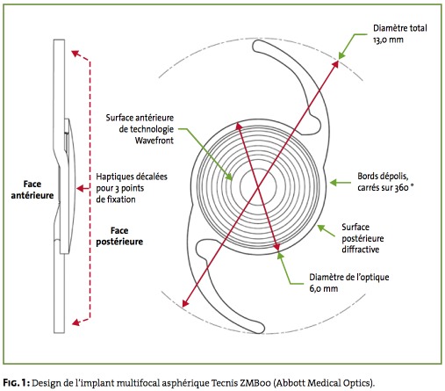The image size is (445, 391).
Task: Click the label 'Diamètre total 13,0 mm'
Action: (x=400, y=33)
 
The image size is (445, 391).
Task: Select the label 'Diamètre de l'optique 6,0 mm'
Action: (x=349, y=283)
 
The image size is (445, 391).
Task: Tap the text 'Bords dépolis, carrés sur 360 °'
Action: (x=385, y=182)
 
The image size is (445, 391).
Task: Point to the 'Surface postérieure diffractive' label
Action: (x=362, y=238)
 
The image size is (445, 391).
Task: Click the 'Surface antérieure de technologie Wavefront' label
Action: (x=140, y=129)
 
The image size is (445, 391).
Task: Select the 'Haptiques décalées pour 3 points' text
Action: (x=132, y=182)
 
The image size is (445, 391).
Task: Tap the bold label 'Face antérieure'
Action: (x=32, y=190)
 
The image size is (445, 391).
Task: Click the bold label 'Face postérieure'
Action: (x=119, y=235)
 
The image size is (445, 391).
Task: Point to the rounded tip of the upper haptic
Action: (x=256, y=47)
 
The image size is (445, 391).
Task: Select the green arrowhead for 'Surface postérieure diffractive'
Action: (x=321, y=228)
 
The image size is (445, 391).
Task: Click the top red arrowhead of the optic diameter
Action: (x=239, y=127)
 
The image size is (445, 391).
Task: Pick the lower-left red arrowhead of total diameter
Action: (x=185, y=303)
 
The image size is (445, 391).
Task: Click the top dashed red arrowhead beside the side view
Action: (x=75, y=54)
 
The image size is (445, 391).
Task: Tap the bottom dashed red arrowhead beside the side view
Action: (x=75, y=322)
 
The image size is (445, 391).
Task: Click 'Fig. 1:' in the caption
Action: (x=17, y=382)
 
